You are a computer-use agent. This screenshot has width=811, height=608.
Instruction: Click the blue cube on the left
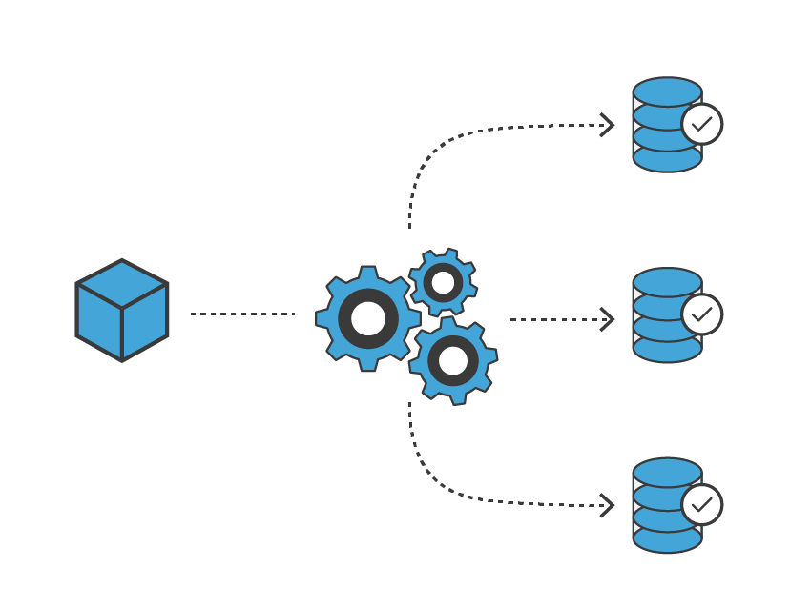(122, 311)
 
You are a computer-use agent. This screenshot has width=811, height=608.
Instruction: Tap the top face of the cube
(122, 283)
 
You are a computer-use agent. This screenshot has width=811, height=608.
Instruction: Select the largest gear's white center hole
(368, 318)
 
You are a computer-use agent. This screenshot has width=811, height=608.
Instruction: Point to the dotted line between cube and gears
(242, 314)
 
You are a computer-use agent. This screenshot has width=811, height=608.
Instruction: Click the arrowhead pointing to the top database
(607, 125)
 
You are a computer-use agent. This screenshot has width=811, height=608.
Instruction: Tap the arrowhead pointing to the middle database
(607, 319)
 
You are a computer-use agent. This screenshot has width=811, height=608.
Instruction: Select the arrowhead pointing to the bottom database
(607, 505)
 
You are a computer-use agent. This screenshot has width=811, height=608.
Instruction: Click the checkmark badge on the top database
(701, 124)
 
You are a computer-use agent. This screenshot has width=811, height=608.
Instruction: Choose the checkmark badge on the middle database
(701, 314)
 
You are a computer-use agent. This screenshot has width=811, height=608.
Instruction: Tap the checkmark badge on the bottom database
(701, 504)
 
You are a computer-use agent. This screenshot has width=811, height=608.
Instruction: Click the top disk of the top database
(667, 91)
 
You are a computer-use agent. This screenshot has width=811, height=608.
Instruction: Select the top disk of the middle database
(667, 282)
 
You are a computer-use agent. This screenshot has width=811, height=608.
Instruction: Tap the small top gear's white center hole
(443, 282)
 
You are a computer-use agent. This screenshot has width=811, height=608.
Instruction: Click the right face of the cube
(145, 321)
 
